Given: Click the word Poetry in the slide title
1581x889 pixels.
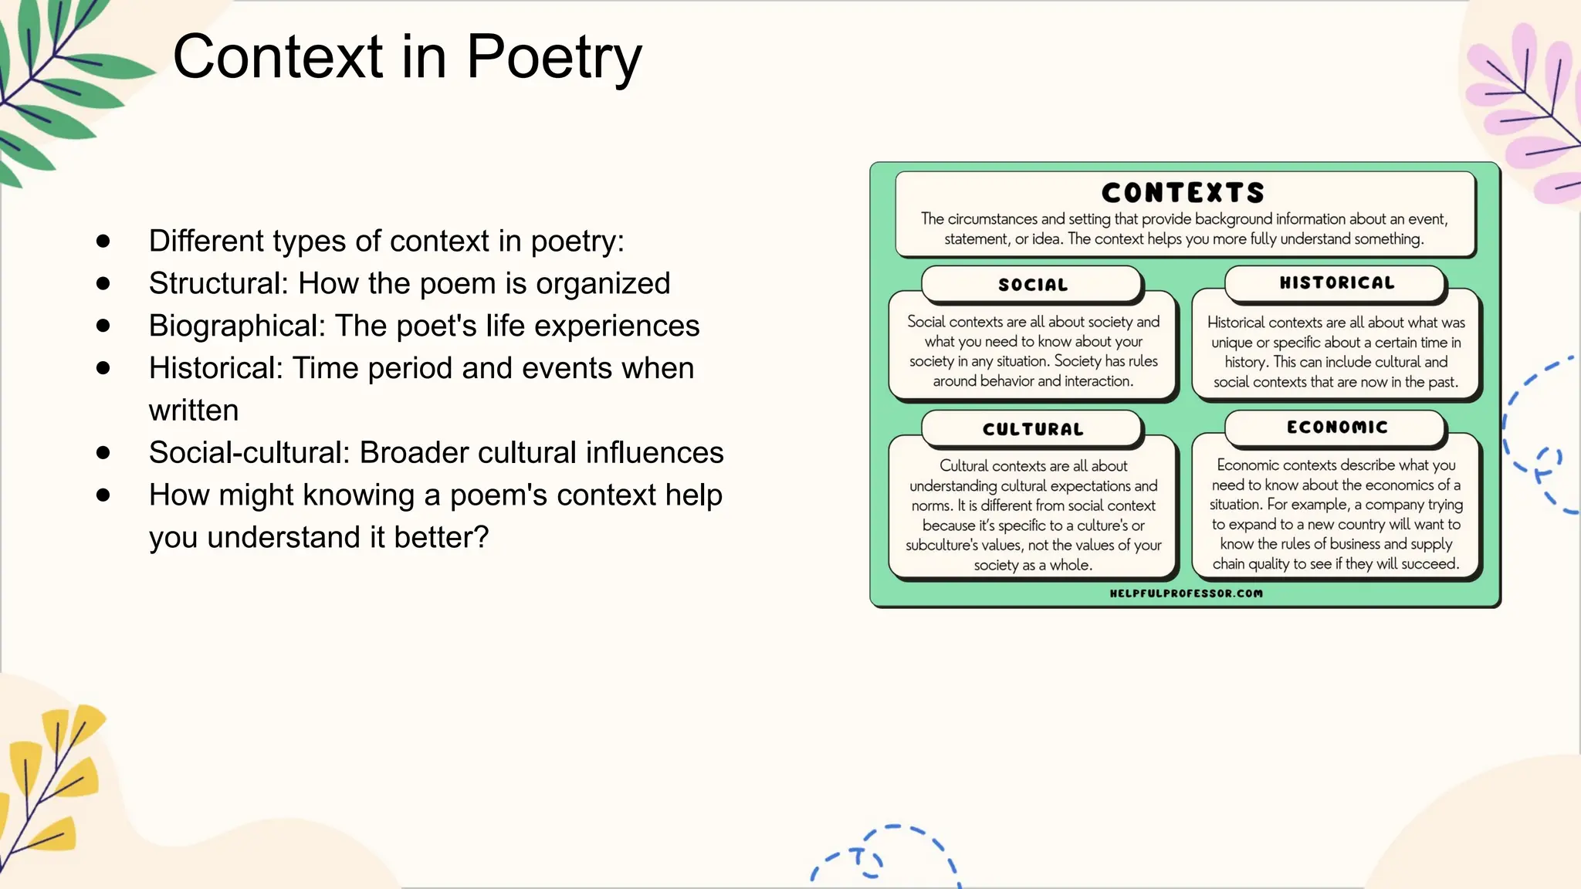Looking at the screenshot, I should (x=554, y=58).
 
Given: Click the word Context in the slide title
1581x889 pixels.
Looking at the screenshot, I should (x=278, y=58).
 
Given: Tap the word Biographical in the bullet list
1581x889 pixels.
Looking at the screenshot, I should (x=236, y=326).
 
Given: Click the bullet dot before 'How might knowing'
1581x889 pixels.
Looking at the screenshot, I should (x=103, y=495).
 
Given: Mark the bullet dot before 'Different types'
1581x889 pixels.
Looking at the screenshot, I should (x=103, y=242).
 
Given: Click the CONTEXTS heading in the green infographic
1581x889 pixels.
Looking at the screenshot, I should (x=1183, y=192).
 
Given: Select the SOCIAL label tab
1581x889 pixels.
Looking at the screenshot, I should (x=1033, y=285).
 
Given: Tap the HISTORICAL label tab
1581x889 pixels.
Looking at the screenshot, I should (x=1336, y=283).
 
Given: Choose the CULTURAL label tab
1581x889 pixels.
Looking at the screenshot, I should (x=1033, y=429).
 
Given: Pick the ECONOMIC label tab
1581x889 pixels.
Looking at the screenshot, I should (x=1336, y=428).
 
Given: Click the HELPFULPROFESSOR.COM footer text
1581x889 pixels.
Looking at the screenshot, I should (x=1186, y=593).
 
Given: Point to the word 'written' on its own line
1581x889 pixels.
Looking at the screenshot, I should (x=194, y=411).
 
